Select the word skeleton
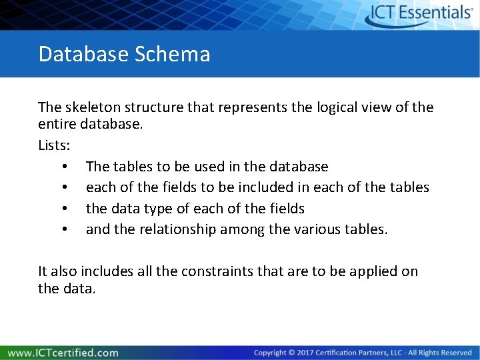pyautogui.click(x=92, y=107)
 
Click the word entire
pyautogui.click(x=57, y=123)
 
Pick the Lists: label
pyautogui.click(x=55, y=145)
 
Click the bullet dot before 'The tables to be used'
pyautogui.click(x=64, y=166)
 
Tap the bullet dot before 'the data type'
pyautogui.click(x=64, y=209)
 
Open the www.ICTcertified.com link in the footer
pyautogui.click(x=63, y=353)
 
